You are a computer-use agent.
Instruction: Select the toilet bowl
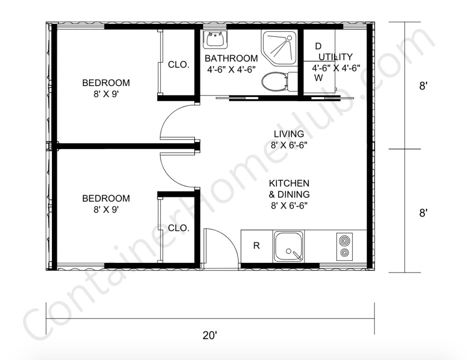(275, 81)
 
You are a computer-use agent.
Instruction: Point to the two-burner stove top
(344, 246)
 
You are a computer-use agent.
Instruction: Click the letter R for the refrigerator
(256, 246)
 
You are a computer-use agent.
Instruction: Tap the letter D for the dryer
(318, 46)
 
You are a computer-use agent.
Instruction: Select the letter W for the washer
(318, 78)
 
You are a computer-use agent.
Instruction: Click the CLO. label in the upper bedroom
(179, 65)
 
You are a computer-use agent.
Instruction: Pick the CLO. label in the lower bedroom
(179, 228)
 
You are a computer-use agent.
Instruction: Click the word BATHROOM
(231, 58)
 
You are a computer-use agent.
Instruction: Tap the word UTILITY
(336, 57)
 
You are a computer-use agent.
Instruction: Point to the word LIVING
(288, 134)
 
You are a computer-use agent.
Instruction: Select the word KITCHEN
(289, 183)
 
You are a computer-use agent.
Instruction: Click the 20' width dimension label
(210, 335)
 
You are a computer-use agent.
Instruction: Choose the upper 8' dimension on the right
(423, 86)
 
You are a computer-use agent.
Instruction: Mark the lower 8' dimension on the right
(423, 213)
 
